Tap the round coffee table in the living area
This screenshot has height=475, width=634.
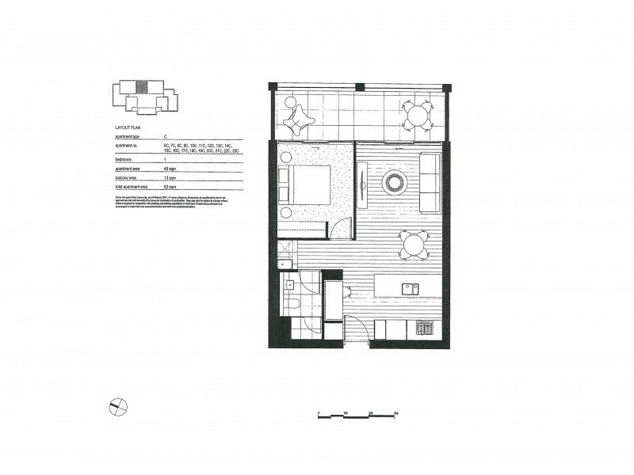pos(394,183)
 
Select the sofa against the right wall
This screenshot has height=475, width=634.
pos(430,182)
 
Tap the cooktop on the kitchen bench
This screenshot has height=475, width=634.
pos(425,327)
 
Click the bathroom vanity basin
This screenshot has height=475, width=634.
pos(290,284)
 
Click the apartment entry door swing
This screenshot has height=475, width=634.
pos(354,326)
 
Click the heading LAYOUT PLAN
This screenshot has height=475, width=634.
pos(127,127)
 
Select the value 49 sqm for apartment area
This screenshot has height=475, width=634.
pos(169,169)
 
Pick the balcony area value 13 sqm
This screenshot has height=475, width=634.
pos(169,178)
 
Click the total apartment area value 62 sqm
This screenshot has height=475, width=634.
pos(169,188)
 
